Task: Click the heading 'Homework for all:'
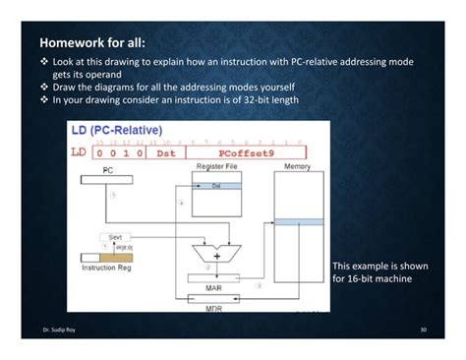[92, 44]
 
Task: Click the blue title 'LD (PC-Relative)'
[117, 130]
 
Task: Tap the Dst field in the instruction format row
[165, 152]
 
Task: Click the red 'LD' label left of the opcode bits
[79, 152]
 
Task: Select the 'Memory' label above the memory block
[297, 167]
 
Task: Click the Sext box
[115, 237]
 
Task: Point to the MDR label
[213, 309]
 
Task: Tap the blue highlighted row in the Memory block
[298, 221]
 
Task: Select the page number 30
[423, 329]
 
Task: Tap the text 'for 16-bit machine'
[373, 279]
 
